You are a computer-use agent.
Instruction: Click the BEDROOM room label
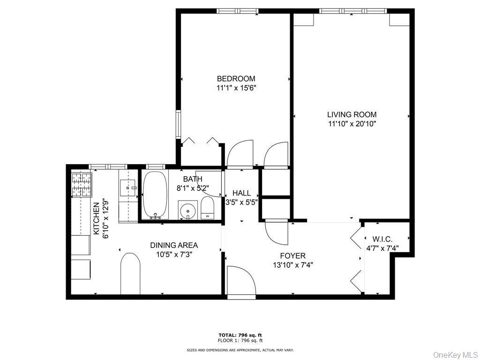point(236,79)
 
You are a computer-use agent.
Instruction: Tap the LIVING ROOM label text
point(352,114)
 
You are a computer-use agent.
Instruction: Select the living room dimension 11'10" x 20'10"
point(352,124)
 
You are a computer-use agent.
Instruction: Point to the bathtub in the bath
point(155,195)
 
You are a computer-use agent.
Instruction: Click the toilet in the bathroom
point(207,208)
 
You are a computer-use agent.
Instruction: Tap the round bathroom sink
point(188,211)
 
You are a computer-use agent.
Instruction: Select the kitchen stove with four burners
point(82,184)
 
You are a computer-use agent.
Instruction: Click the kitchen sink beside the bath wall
point(127,188)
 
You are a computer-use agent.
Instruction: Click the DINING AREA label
point(174,245)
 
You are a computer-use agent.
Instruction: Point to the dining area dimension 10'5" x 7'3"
point(174,255)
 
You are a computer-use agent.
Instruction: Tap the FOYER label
point(292,256)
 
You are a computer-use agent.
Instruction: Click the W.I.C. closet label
point(382,240)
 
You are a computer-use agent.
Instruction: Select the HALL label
point(241,193)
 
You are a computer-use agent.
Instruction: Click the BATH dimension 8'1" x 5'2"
point(193,188)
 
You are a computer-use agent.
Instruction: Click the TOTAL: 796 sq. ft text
point(240,335)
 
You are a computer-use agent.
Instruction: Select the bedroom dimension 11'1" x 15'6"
point(236,88)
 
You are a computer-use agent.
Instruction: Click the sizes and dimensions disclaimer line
point(240,350)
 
